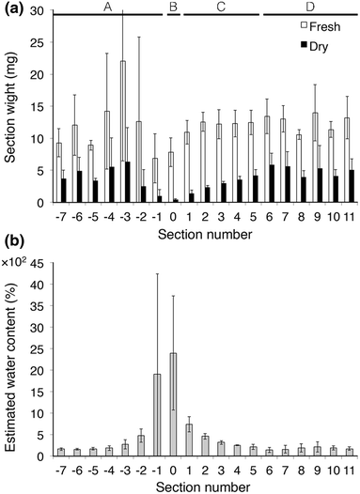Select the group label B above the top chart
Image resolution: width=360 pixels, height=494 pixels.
click(172, 7)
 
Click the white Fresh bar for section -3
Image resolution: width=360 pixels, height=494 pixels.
click(123, 131)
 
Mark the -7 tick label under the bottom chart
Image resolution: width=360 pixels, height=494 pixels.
click(58, 466)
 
